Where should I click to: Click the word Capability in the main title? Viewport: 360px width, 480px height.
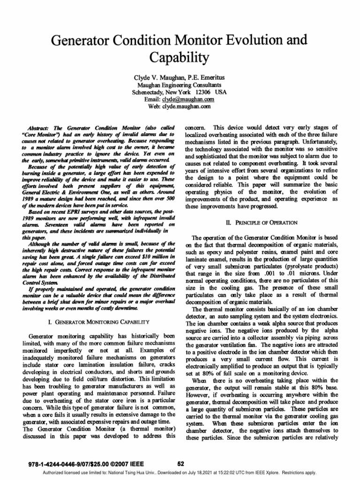[x=180, y=58]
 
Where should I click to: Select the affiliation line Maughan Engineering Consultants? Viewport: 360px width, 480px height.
[x=180, y=85]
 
